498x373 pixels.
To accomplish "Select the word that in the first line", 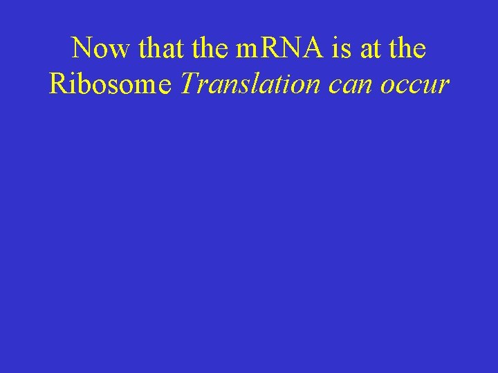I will (x=158, y=48).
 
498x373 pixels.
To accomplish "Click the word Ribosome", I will (x=111, y=85).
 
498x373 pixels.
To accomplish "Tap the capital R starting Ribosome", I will (x=58, y=84).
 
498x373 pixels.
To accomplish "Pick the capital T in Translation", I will (x=188, y=84).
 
